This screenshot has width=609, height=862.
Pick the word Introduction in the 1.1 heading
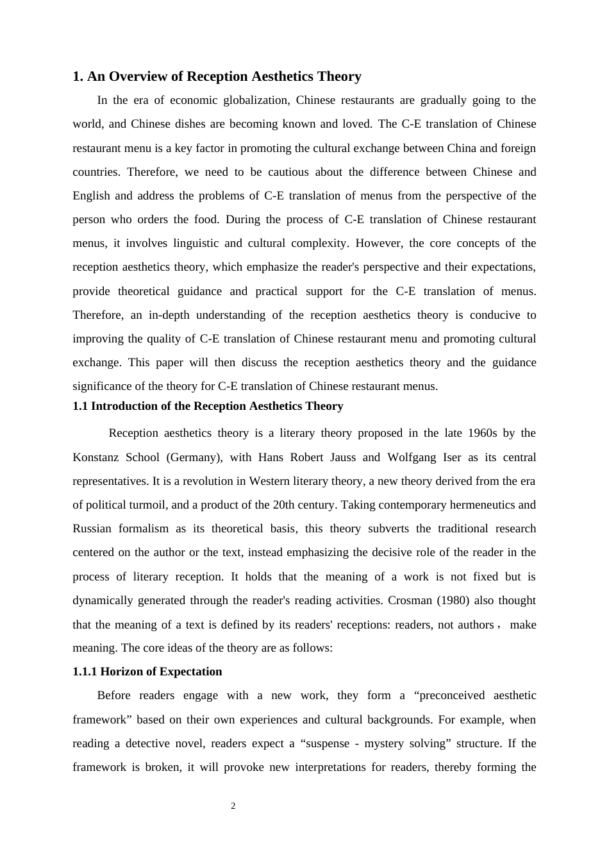(x=122, y=406)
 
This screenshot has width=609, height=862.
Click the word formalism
(x=144, y=528)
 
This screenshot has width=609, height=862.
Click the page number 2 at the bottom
(x=233, y=806)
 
